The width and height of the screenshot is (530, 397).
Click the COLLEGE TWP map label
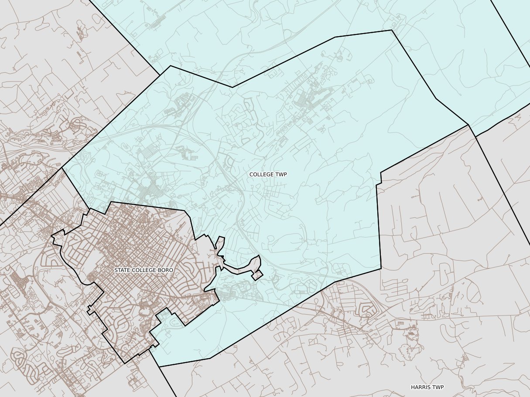click(x=268, y=174)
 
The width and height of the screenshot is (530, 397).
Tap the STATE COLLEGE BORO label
click(x=144, y=270)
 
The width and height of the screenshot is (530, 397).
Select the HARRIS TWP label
click(x=427, y=387)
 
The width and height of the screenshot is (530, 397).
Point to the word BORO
click(x=166, y=270)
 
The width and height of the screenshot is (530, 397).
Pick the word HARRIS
click(x=420, y=387)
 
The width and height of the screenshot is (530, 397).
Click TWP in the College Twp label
click(x=281, y=174)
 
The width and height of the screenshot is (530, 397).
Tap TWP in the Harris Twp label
click(x=438, y=387)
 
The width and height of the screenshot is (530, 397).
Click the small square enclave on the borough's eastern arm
click(x=258, y=275)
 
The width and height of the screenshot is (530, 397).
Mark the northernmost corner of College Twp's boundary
click(x=391, y=30)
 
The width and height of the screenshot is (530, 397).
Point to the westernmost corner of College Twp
click(x=62, y=168)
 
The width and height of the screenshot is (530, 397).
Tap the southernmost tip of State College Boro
click(x=124, y=363)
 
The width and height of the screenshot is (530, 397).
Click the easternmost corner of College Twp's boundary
click(x=468, y=125)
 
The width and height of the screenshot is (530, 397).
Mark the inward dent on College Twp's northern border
click(x=232, y=87)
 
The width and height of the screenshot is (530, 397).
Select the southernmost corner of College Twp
click(x=159, y=367)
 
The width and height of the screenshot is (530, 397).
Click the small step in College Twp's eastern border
click(x=379, y=179)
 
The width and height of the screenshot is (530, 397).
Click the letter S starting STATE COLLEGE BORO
click(x=116, y=270)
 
